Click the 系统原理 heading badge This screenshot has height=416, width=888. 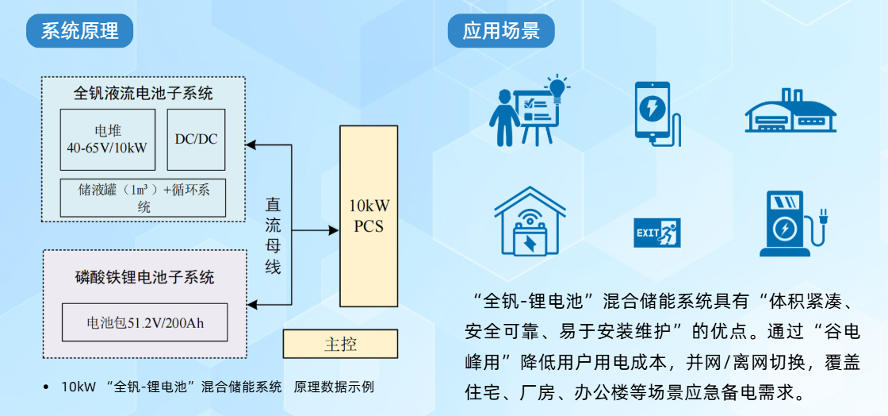coord(79,31)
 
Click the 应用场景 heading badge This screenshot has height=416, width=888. coord(501,31)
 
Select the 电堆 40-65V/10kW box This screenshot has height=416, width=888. coord(108,140)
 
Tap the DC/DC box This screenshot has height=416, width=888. coord(196,140)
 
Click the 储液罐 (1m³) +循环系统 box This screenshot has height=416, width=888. coord(143,198)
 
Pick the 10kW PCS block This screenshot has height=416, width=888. coord(369,217)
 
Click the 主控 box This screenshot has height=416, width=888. coord(340,344)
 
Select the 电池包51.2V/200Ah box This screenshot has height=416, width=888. coord(144,322)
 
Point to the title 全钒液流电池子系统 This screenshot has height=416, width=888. coord(144,92)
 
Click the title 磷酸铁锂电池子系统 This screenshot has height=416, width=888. coord(144,277)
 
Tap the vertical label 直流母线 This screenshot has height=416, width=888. coord(274,236)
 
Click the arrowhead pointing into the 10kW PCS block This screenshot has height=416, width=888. coord(334,231)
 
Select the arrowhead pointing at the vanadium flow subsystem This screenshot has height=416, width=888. coord(251,145)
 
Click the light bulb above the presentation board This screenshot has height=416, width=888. coord(556,89)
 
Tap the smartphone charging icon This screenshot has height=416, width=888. coord(657,114)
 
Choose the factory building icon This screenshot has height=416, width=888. coord(790,111)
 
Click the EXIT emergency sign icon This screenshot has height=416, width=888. coord(657,233)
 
